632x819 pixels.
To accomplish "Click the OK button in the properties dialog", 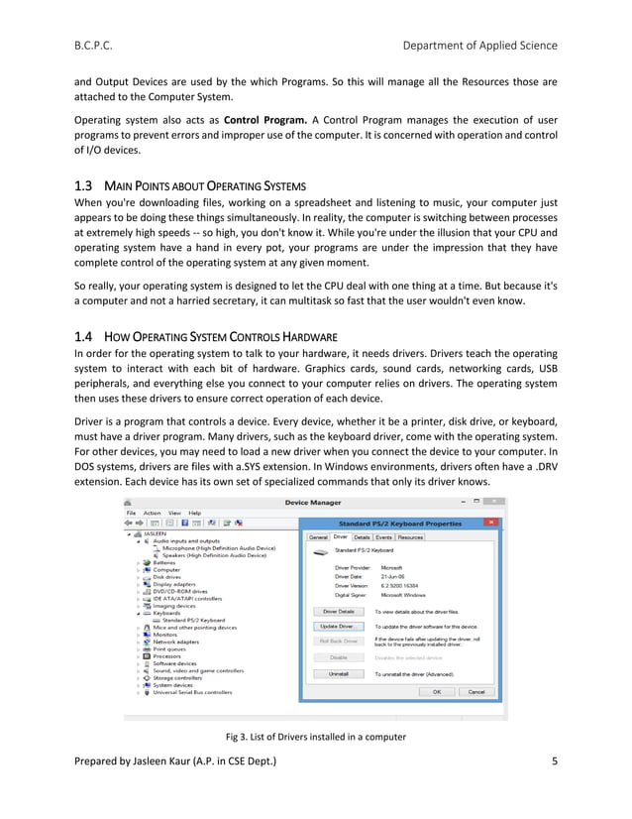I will pyautogui.click(x=436, y=691).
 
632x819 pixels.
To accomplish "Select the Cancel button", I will pyautogui.click(x=475, y=691).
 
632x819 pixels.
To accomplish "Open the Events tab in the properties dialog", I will pyautogui.click(x=382, y=536).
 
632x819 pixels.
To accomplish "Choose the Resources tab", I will pyautogui.click(x=410, y=536).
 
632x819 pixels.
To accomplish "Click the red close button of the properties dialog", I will pyautogui.click(x=489, y=522).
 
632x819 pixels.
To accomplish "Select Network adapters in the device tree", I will pyautogui.click(x=176, y=642).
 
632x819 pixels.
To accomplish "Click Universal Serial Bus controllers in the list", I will pyautogui.click(x=198, y=691).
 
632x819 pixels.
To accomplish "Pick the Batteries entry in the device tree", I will pyautogui.click(x=164, y=562).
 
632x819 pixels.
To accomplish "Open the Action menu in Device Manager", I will pyautogui.click(x=152, y=513).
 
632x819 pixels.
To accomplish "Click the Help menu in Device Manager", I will pyautogui.click(x=194, y=513).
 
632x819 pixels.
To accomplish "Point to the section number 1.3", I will pyautogui.click(x=84, y=185).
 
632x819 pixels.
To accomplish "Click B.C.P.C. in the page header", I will pyautogui.click(x=97, y=46).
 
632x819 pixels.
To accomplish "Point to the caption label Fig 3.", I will pyautogui.click(x=241, y=737).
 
